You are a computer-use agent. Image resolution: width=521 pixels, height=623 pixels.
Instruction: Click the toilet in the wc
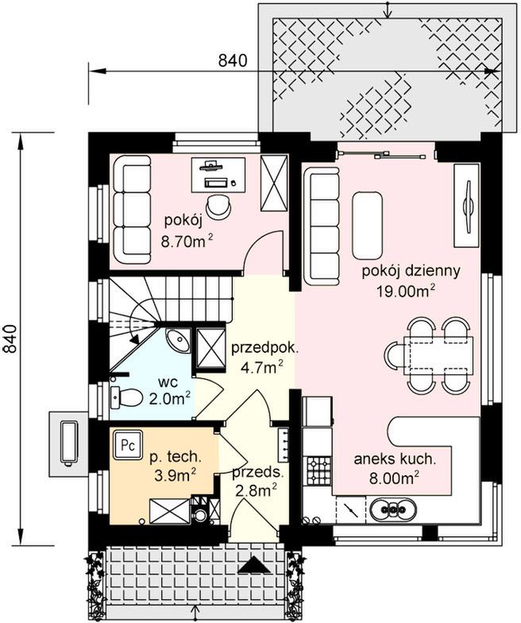tap(126, 397)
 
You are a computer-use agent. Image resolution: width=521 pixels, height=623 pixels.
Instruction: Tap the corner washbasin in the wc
tap(178, 340)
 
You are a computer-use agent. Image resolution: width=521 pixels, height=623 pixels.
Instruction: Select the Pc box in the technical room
tap(128, 445)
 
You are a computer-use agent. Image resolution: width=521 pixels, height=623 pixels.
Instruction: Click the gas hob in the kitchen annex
tap(318, 470)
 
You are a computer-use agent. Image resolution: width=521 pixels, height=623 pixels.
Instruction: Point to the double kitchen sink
tap(394, 509)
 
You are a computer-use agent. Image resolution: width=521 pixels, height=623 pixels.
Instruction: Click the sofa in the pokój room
tap(132, 210)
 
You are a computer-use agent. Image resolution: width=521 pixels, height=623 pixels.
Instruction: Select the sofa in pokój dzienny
tap(322, 226)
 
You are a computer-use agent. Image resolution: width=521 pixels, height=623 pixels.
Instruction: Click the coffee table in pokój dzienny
tap(367, 226)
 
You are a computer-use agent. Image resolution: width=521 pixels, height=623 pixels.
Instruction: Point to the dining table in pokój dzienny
tap(438, 354)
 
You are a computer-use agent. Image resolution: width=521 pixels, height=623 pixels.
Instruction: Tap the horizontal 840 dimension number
tap(233, 60)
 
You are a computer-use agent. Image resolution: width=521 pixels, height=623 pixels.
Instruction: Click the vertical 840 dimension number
tap(10, 339)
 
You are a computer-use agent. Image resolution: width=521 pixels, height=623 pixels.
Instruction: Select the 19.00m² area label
tap(405, 292)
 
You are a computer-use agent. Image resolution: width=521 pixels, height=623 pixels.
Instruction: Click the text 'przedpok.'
tap(264, 348)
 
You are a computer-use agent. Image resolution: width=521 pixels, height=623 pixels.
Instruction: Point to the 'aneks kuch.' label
tap(395, 459)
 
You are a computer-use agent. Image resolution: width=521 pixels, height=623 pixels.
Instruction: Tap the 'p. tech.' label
tap(176, 458)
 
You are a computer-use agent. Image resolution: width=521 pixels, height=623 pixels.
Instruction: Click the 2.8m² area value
tap(256, 491)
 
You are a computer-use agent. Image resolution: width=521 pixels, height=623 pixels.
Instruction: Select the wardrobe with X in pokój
tap(273, 183)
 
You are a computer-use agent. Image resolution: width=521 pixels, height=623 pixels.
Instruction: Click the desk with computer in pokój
tap(218, 175)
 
